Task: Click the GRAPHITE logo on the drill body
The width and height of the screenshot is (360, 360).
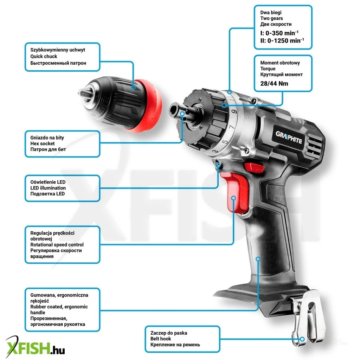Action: (289, 137)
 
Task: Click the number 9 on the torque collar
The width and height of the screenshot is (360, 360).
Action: (234, 112)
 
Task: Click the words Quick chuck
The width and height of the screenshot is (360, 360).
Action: (44, 56)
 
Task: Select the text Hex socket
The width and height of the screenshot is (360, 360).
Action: (43, 143)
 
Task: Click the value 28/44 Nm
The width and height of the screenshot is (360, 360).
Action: (274, 84)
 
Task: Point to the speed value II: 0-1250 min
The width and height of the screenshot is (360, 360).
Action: (282, 41)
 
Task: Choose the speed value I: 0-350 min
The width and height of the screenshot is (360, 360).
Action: (279, 33)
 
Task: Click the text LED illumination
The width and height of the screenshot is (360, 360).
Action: (48, 188)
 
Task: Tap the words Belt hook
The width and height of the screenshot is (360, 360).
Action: (161, 339)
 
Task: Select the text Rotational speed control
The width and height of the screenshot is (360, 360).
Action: (57, 245)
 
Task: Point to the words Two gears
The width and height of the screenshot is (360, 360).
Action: (272, 18)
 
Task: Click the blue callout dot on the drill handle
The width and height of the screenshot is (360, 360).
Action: (258, 259)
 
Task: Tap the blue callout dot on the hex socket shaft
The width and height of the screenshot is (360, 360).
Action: (182, 114)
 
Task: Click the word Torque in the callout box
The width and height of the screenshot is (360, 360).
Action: (268, 69)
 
